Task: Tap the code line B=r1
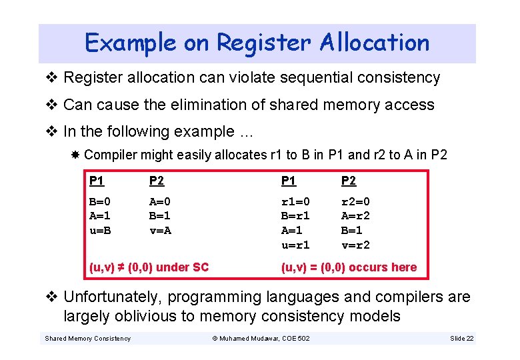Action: (295, 215)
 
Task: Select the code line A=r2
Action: (355, 215)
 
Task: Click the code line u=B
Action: (100, 230)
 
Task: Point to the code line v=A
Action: (161, 230)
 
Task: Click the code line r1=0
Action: (295, 201)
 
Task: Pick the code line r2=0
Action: (355, 201)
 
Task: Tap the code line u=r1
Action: (295, 245)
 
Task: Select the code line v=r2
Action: (355, 245)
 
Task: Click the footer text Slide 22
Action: (461, 339)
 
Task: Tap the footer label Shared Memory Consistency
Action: (87, 339)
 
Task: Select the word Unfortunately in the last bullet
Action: (111, 297)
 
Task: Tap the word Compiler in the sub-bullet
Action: (108, 155)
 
